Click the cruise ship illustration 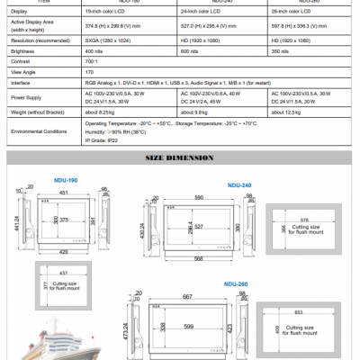tap(67, 339)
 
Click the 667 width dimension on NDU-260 tap(186, 295)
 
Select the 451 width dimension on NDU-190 tap(63, 191)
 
